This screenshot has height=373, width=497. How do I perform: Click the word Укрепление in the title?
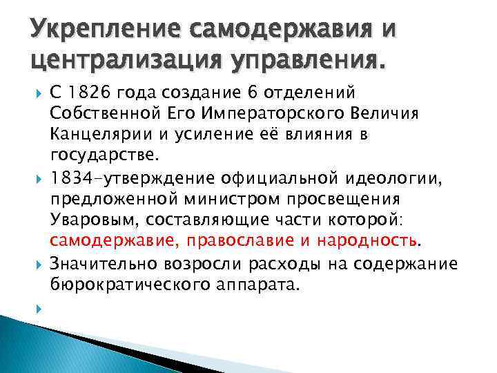[96, 32]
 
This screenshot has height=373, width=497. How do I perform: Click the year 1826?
[86, 93]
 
